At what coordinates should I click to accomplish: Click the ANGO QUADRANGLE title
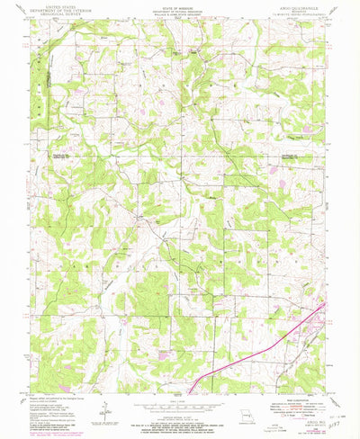[x=298, y=8]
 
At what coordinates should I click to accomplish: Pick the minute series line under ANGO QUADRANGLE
[x=298, y=14]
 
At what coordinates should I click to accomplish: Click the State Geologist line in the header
[x=180, y=17]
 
